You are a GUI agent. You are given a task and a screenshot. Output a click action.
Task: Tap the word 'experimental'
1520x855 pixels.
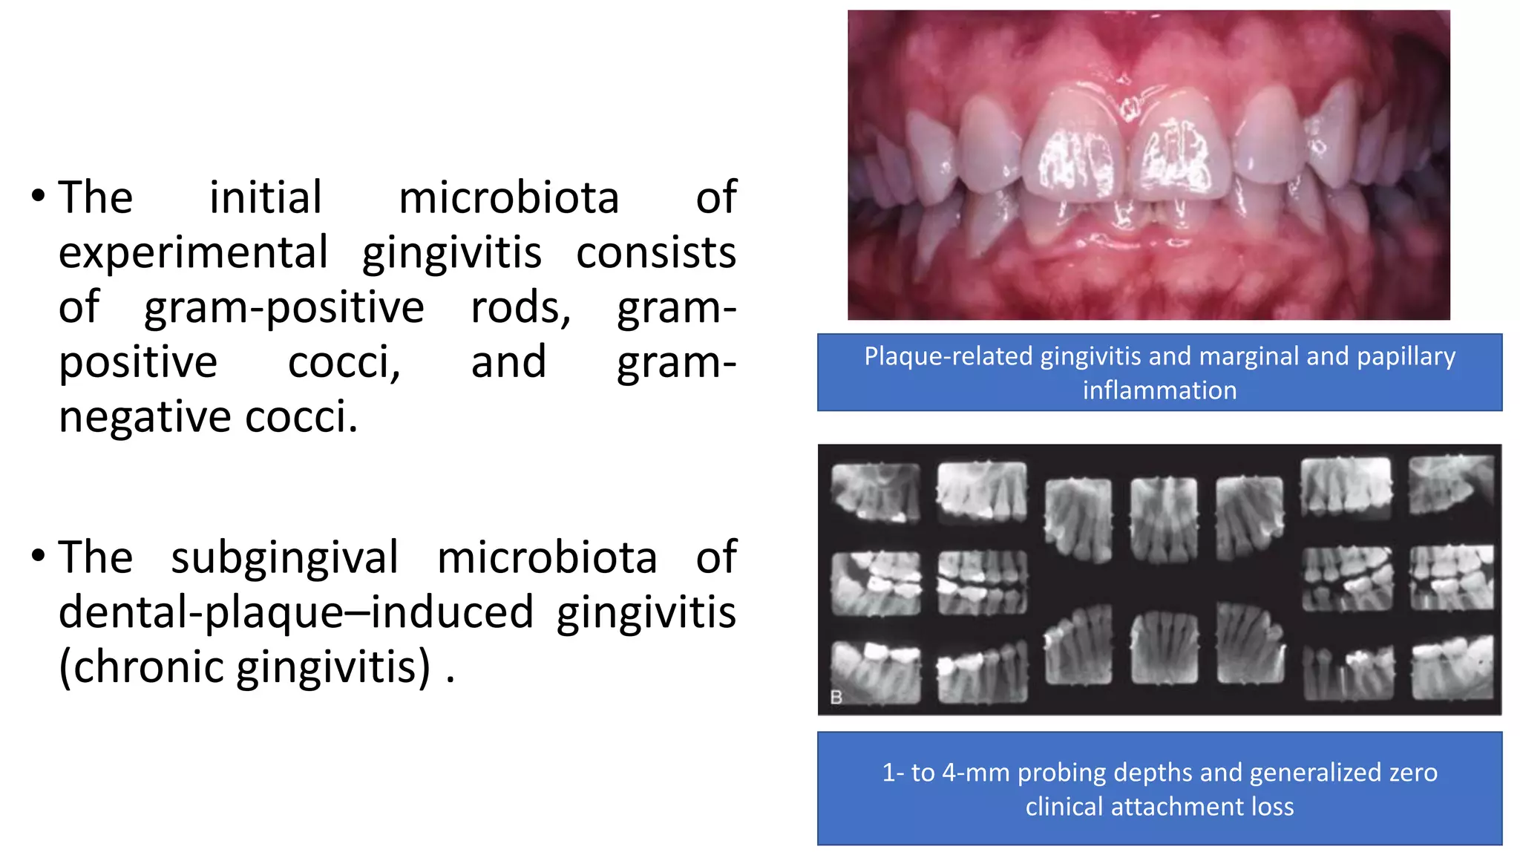click(x=193, y=252)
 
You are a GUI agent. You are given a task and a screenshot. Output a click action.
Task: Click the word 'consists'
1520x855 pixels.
click(x=656, y=252)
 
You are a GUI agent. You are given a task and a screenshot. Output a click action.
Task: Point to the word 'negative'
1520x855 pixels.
click(x=145, y=416)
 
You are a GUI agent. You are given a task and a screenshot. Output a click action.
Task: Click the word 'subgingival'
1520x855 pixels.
click(x=285, y=557)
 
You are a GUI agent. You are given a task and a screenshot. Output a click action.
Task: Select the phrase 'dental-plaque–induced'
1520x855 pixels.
click(x=296, y=612)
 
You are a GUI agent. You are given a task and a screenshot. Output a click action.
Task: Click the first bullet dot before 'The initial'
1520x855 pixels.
click(x=39, y=196)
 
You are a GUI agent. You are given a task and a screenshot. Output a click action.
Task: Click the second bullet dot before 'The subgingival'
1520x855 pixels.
click(x=39, y=556)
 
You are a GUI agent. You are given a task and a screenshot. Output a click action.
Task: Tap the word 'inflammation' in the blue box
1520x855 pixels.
click(x=1159, y=390)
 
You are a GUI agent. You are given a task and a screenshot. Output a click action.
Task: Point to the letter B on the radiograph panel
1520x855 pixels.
click(x=836, y=698)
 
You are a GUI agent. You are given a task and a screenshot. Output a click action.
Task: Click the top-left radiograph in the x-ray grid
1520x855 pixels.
click(x=876, y=492)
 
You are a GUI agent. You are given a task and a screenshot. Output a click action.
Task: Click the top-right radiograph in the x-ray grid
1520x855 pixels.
click(x=1451, y=486)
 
